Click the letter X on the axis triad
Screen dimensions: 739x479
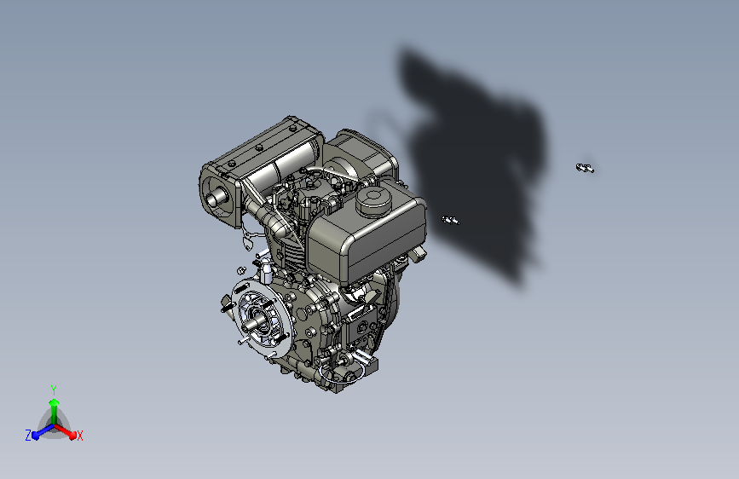pos(80,436)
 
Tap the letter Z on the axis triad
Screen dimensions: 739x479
pos(28,436)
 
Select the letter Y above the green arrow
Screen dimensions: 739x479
pos(54,390)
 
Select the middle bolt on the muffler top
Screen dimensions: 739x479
pos(259,148)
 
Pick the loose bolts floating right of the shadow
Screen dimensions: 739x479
pos(585,168)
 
